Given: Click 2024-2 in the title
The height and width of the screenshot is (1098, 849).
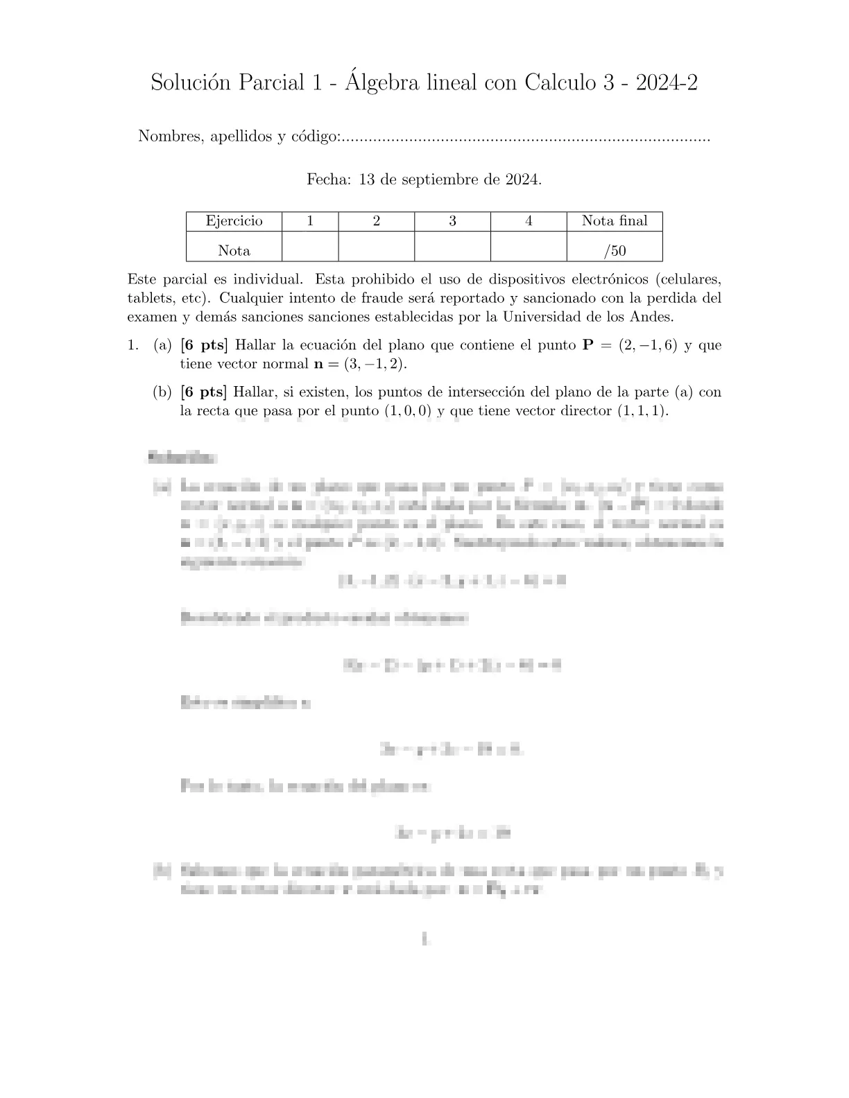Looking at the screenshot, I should point(667,83).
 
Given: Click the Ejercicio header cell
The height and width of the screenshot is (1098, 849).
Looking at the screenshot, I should point(234,221).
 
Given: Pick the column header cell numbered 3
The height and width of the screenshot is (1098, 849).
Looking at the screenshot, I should point(452,221).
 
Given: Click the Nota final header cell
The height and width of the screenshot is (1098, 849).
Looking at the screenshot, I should point(615,221).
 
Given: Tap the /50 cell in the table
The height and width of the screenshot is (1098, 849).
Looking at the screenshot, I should point(615,251).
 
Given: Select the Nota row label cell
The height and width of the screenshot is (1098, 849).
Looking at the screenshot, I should point(234,251).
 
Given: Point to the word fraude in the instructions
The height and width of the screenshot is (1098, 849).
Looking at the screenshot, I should point(381,299).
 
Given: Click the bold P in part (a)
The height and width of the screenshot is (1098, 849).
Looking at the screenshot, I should point(588,345).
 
